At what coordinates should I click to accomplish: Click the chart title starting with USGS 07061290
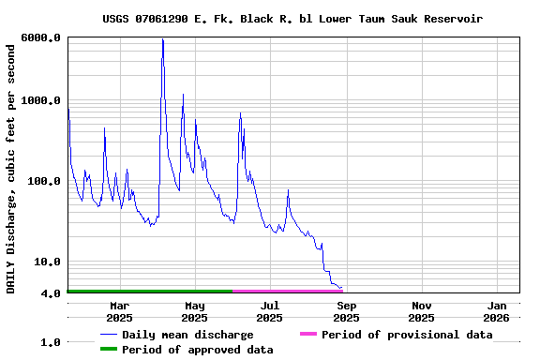[292, 19]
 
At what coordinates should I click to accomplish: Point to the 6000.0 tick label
[42, 37]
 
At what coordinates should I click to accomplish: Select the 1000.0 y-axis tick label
[42, 100]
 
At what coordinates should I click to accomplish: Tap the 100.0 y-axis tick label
[45, 181]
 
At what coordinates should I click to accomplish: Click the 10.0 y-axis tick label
[48, 262]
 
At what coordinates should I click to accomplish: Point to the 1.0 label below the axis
[51, 342]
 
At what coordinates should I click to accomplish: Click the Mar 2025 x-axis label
[119, 311]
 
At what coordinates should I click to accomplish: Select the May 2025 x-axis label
[194, 311]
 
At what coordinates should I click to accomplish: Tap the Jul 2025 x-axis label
[269, 311]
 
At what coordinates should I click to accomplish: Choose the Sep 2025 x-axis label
[345, 311]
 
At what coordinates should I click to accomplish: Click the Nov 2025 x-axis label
[421, 311]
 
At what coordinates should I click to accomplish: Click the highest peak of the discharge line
[162, 39]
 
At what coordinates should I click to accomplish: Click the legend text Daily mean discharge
[187, 335]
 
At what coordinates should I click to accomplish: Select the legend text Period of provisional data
[407, 335]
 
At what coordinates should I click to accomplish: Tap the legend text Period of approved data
[198, 350]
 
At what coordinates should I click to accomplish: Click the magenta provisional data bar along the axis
[287, 292]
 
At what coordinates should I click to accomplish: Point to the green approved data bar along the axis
[150, 292]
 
